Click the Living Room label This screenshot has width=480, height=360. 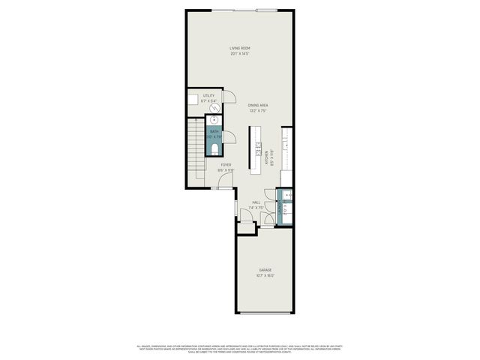pyautogui.click(x=240, y=48)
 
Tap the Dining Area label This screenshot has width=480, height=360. pyautogui.click(x=258, y=105)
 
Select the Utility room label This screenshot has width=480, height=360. pyautogui.click(x=208, y=96)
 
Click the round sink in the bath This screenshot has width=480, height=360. pyautogui.click(x=215, y=120)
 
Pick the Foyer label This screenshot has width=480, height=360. pyautogui.click(x=226, y=165)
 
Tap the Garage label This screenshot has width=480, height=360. pyautogui.click(x=265, y=270)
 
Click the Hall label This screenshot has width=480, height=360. pyautogui.click(x=256, y=202)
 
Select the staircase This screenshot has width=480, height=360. pyautogui.click(x=196, y=150)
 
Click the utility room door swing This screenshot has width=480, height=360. pyautogui.click(x=231, y=97)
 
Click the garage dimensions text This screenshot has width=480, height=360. pyautogui.click(x=265, y=275)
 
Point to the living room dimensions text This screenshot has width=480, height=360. pyautogui.click(x=240, y=54)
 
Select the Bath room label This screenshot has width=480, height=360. pyautogui.click(x=214, y=132)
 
